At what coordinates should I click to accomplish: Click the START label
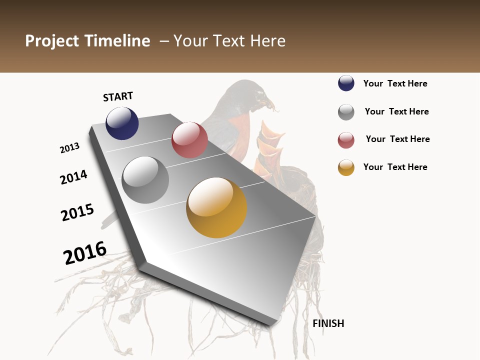click(118, 96)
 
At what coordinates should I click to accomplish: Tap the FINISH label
click(328, 323)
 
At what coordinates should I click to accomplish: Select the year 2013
click(69, 148)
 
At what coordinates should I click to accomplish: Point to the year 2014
click(73, 177)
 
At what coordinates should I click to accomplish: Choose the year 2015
click(77, 212)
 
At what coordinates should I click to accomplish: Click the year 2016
click(85, 253)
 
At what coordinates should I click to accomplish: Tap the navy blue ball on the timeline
click(122, 123)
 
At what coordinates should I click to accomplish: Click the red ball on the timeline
click(189, 140)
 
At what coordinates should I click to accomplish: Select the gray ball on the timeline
click(145, 180)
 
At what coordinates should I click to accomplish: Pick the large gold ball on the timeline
click(216, 207)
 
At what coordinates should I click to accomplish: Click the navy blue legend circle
click(346, 83)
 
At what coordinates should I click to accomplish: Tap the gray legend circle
click(346, 112)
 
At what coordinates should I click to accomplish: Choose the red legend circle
click(346, 140)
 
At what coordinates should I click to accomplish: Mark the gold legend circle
click(346, 167)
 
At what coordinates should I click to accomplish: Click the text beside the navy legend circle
click(395, 83)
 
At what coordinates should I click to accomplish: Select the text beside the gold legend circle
click(395, 167)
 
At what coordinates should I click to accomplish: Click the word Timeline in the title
click(117, 41)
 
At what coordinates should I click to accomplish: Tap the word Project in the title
click(51, 41)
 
